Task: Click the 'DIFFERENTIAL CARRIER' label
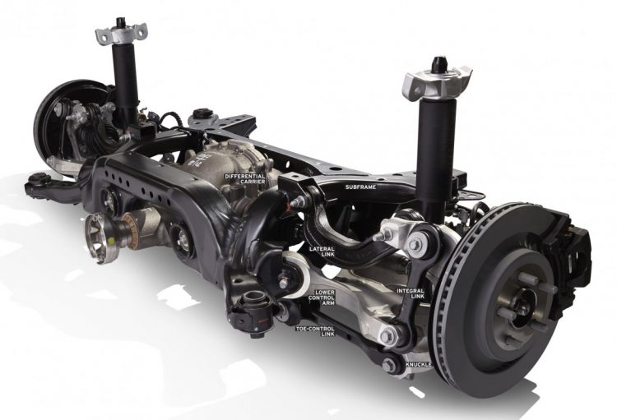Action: [244, 179]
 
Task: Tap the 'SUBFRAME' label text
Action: [360, 187]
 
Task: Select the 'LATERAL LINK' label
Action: [322, 252]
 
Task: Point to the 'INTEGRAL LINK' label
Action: [410, 293]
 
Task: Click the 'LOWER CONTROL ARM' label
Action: [322, 298]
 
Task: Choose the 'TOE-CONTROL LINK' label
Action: [315, 331]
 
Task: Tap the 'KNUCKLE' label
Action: [418, 365]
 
